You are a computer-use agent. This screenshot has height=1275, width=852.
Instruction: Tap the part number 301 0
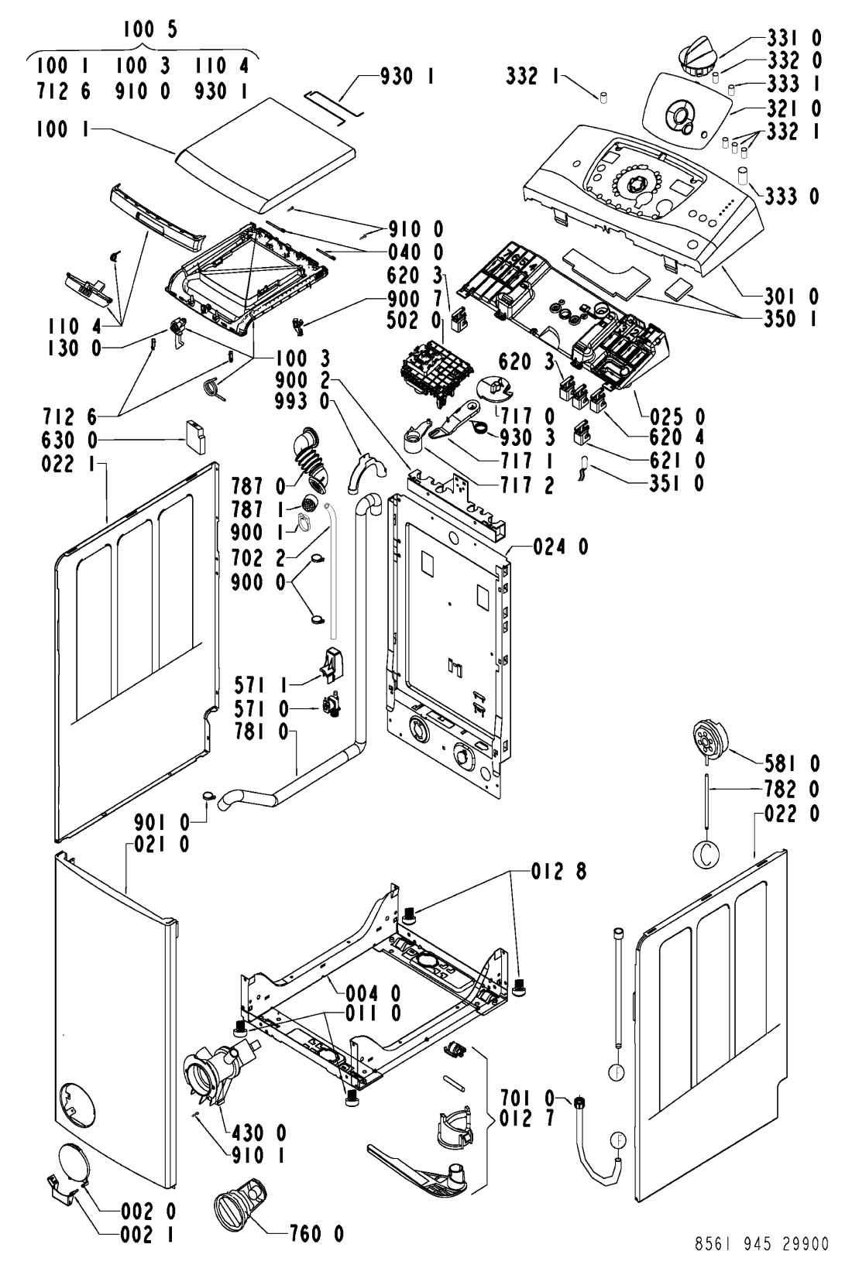791,296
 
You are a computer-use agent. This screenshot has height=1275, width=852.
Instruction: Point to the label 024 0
561,547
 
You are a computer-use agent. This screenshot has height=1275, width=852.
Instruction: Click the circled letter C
706,855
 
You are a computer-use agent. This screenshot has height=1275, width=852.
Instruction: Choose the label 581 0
792,763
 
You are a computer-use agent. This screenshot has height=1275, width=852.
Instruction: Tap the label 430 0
259,1133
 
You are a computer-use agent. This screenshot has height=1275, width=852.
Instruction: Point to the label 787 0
258,487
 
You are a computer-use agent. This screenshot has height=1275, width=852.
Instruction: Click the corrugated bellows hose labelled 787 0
311,459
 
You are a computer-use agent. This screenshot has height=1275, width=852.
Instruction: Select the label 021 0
161,844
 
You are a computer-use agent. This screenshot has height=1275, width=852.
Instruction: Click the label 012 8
558,872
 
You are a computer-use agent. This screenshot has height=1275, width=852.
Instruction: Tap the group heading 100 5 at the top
150,29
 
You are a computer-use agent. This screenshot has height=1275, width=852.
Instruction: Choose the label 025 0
677,417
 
